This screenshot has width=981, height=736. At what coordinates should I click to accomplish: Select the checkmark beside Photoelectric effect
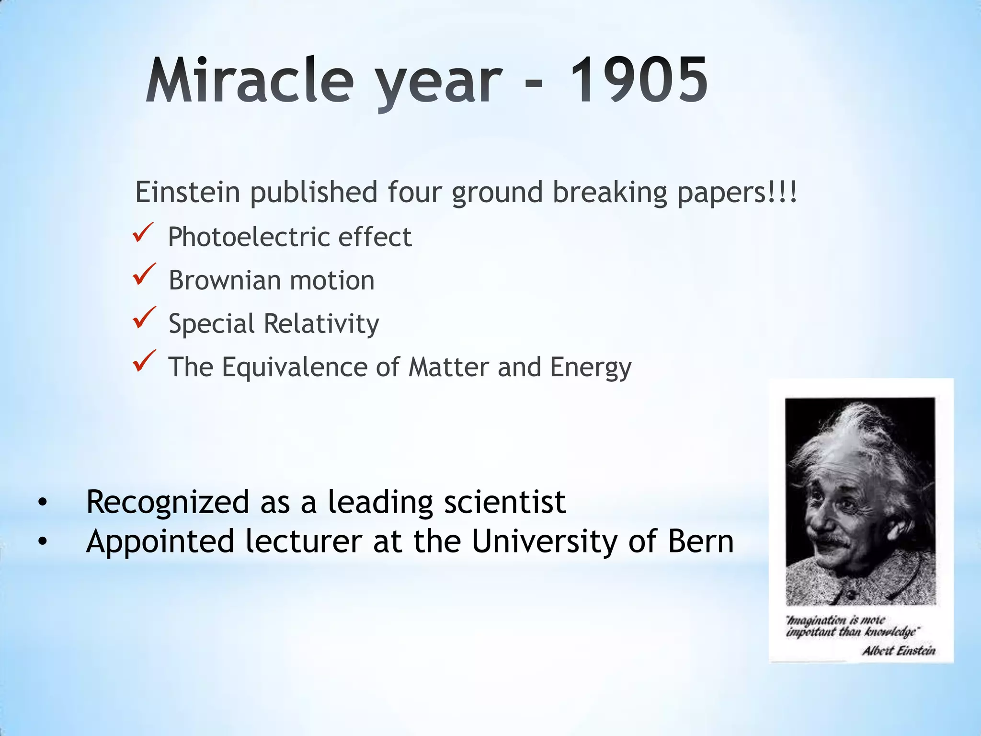click(143, 233)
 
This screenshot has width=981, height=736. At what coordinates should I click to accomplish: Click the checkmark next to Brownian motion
click(143, 275)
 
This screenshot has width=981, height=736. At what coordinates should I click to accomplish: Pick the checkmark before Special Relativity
click(143, 318)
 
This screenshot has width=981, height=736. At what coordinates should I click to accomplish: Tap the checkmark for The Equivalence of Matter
click(143, 361)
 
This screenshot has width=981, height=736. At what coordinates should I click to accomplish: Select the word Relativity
click(321, 324)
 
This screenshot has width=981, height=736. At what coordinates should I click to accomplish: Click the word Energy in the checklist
click(590, 368)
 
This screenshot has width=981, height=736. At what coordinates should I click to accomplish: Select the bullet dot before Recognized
click(43, 503)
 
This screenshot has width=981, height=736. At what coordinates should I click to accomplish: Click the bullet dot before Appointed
click(43, 542)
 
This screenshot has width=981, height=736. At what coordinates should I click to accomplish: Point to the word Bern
click(700, 541)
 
